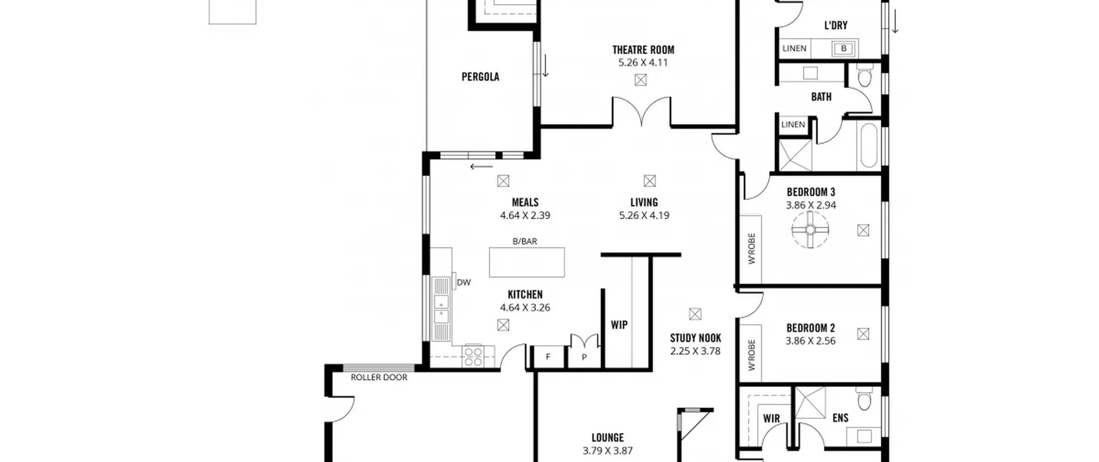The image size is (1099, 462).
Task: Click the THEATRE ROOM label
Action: [643, 50]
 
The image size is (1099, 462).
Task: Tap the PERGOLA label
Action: [480, 77]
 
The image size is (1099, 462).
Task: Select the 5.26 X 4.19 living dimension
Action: [644, 215]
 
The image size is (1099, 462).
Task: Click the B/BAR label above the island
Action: [525, 242]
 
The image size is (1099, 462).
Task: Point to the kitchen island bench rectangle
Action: [527, 262]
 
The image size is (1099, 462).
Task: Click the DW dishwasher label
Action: [464, 282]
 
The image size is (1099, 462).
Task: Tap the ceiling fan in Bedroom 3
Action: [810, 230]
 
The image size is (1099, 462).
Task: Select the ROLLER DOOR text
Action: [379, 377]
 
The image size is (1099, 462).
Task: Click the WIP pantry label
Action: [619, 325]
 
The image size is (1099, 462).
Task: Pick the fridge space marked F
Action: [548, 357]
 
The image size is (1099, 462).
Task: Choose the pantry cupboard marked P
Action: [584, 357]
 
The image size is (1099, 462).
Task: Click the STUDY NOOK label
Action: [695, 338]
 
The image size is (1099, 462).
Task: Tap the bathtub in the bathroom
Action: [868, 145]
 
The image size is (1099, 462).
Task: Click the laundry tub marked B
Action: [843, 49]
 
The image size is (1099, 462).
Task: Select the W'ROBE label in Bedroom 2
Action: [751, 355]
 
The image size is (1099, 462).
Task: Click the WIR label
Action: [771, 418]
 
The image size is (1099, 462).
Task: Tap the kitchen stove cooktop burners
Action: [473, 357]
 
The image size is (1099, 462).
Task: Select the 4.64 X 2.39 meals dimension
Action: [525, 215]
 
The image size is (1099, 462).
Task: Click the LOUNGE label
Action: [607, 438]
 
